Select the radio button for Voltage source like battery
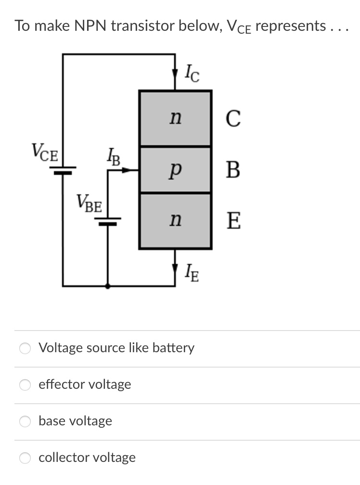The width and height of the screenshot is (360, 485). click(x=25, y=348)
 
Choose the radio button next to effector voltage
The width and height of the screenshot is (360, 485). click(x=25, y=384)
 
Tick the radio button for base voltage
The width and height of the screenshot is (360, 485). click(x=25, y=421)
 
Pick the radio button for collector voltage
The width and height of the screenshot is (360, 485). click(x=25, y=458)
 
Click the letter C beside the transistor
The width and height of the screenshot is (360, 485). click(x=233, y=119)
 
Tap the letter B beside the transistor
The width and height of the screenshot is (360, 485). click(x=233, y=170)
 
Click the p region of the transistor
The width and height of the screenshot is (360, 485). click(x=175, y=169)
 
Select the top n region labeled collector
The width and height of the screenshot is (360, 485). click(x=175, y=118)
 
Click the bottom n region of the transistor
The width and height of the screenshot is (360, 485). click(x=175, y=221)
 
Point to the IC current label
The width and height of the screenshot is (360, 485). click(x=192, y=73)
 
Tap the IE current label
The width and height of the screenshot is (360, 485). click(x=192, y=274)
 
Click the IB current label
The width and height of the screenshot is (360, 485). click(x=114, y=157)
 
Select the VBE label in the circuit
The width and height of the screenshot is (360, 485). click(x=89, y=204)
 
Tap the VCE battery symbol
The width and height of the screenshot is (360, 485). click(x=63, y=170)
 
